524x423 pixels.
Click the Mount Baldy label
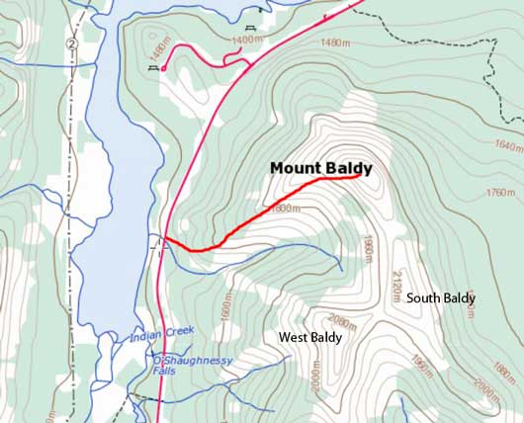(321, 168)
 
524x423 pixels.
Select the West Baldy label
(310, 338)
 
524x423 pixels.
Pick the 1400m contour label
(248, 40)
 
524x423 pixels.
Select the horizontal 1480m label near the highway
(336, 42)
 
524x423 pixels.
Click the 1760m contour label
(499, 193)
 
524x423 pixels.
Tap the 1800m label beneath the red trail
(283, 209)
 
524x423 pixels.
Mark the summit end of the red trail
(357, 177)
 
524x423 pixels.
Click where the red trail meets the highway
(164, 238)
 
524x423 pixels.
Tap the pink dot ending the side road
(162, 68)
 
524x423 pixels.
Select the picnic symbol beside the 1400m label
(250, 27)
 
